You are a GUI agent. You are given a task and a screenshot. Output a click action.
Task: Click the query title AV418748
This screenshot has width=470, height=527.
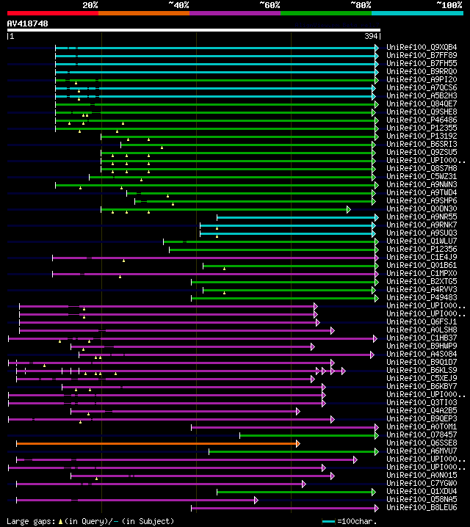[x=28, y=23]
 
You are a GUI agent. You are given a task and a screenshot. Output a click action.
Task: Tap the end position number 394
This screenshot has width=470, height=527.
[x=372, y=36]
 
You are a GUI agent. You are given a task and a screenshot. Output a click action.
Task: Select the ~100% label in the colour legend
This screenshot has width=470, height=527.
[x=449, y=5]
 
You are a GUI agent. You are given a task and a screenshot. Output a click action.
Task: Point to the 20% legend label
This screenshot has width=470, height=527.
[x=90, y=5]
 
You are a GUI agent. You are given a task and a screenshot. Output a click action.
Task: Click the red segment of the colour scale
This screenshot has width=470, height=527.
[x=52, y=13]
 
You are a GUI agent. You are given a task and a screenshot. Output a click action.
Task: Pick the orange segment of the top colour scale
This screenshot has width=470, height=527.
[x=143, y=13]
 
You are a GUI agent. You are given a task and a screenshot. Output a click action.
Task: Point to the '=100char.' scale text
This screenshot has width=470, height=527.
[x=355, y=521]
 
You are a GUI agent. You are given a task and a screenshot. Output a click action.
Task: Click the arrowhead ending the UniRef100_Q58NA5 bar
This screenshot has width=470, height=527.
[x=256, y=500]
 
